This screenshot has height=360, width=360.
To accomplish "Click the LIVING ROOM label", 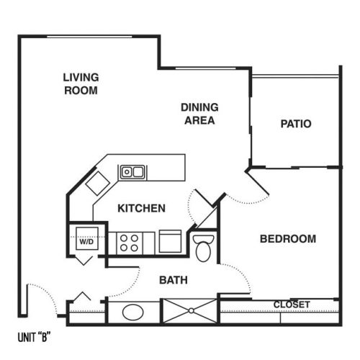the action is pyautogui.click(x=81, y=84).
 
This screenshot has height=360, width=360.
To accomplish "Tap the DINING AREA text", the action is pyautogui.click(x=199, y=114).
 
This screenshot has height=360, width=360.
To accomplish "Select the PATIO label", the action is pyautogui.click(x=296, y=124).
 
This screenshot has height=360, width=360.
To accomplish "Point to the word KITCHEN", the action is pyautogui.click(x=142, y=208).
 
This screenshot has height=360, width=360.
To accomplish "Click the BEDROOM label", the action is pyautogui.click(x=288, y=239).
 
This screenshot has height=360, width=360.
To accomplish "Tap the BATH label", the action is pyautogui.click(x=174, y=280).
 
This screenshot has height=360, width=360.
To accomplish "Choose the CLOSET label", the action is pyautogui.click(x=292, y=305).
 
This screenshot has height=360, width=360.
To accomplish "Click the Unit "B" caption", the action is pyautogui.click(x=35, y=337).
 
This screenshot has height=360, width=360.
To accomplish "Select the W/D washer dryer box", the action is pyautogui.click(x=87, y=238).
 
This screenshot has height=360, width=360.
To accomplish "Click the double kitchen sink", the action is pyautogui.click(x=132, y=172).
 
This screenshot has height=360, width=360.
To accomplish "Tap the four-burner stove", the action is pyautogui.click(x=129, y=243).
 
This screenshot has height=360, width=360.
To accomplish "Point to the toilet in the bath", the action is pyautogui.click(x=203, y=248).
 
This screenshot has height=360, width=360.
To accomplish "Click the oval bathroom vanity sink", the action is pyautogui.click(x=133, y=312).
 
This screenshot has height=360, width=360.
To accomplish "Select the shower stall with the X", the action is pyautogui.click(x=191, y=311).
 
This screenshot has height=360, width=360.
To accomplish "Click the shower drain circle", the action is pyautogui.click(x=191, y=311).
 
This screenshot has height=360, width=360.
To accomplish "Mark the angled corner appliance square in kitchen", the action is pyautogui.click(x=98, y=184).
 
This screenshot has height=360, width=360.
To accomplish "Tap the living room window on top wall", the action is pyautogui.click(x=89, y=37).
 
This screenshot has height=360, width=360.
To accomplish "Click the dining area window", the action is pyautogui.click(x=206, y=68).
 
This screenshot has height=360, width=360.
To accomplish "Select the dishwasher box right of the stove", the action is pyautogui.click(x=170, y=241).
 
